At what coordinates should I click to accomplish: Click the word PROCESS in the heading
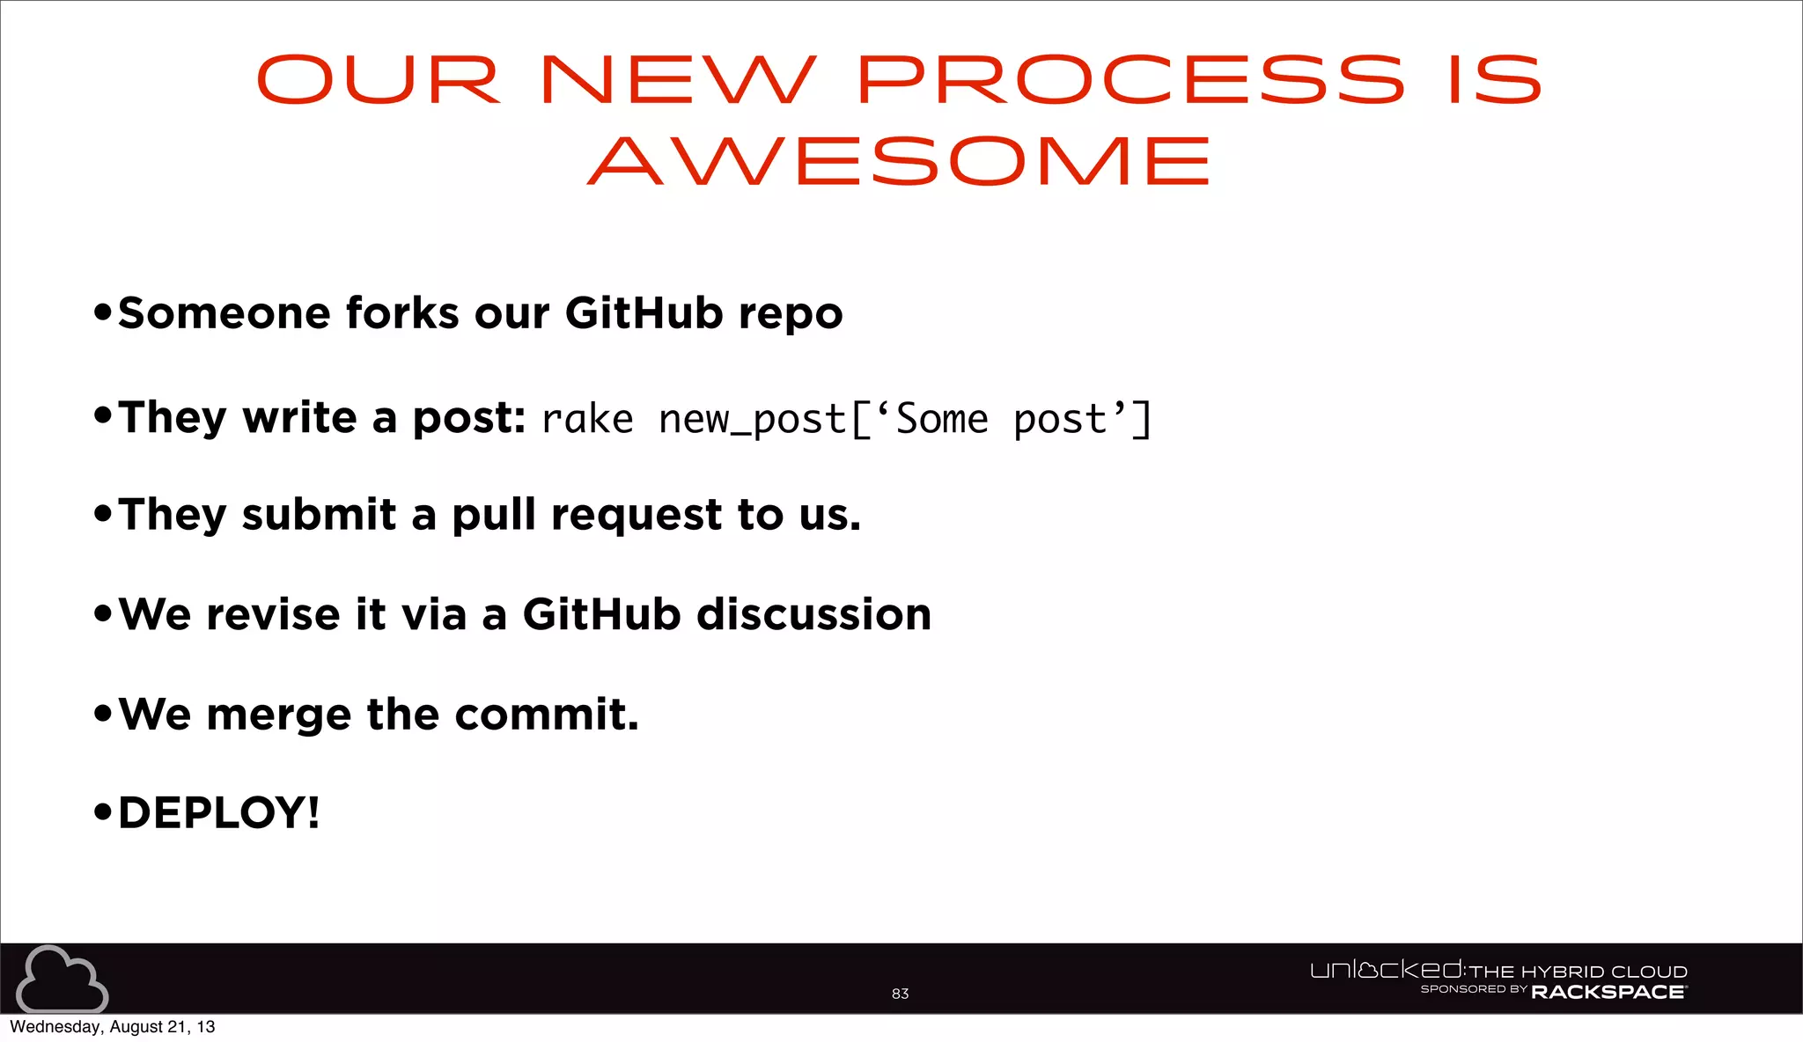1130,80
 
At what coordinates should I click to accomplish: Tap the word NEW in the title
678,80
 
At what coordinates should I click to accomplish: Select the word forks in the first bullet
402,313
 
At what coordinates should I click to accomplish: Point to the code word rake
587,420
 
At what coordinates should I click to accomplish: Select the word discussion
814,614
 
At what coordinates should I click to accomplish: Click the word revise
273,614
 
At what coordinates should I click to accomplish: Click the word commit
546,714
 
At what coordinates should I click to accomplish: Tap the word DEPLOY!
218,812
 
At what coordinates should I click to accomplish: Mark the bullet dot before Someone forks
103,312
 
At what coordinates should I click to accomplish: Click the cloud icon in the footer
62,980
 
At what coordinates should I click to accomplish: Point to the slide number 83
900,994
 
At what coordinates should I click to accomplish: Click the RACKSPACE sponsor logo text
1608,993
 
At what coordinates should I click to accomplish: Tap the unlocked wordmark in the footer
1387,970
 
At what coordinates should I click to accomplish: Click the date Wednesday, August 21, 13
112,1027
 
